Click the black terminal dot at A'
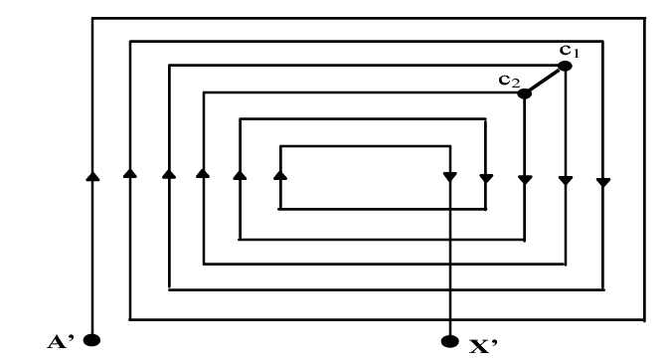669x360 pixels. coord(91,340)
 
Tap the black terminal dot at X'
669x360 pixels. coord(449,341)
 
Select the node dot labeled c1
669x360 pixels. coord(565,66)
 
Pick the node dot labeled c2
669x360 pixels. coord(524,93)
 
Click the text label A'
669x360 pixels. coord(61,342)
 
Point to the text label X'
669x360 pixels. coord(483,346)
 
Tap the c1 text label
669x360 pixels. coord(570,52)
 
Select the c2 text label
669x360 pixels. coord(509,81)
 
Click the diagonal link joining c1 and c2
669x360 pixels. coord(545,80)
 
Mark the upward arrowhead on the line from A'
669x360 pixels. coord(92,176)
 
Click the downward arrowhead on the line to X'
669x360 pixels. coord(450,176)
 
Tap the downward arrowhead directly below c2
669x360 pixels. coord(525,180)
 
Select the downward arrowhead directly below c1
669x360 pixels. coord(566,181)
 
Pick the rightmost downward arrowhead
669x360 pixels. coord(602,183)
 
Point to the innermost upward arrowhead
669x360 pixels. coord(280,175)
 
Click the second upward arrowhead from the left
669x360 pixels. coord(129,173)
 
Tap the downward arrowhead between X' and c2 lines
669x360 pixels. coord(486,178)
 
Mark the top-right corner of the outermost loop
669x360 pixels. coord(644,18)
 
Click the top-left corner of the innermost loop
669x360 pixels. coord(280,146)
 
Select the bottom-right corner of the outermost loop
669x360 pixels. coord(644,319)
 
